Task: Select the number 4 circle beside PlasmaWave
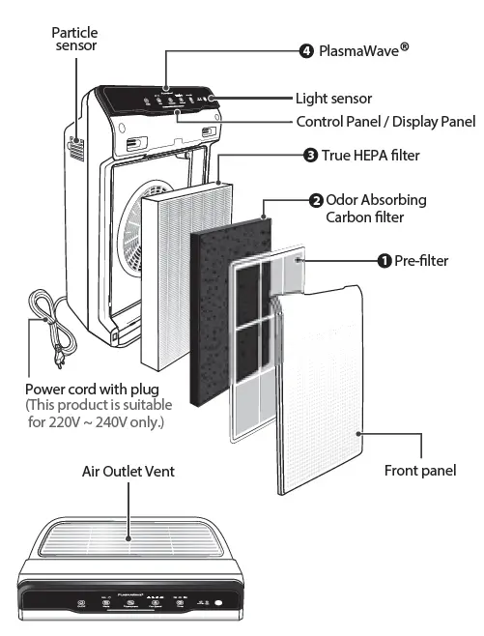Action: tap(306, 50)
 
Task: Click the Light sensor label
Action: tap(333, 99)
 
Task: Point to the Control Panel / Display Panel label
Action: tap(385, 122)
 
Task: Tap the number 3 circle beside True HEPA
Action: tap(310, 155)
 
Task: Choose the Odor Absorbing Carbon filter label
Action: tap(376, 209)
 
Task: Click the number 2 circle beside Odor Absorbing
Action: tap(316, 201)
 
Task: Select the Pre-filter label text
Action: tap(421, 260)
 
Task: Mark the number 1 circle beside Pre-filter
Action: tap(384, 260)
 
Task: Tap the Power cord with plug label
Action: tap(92, 389)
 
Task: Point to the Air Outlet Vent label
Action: tap(128, 471)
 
